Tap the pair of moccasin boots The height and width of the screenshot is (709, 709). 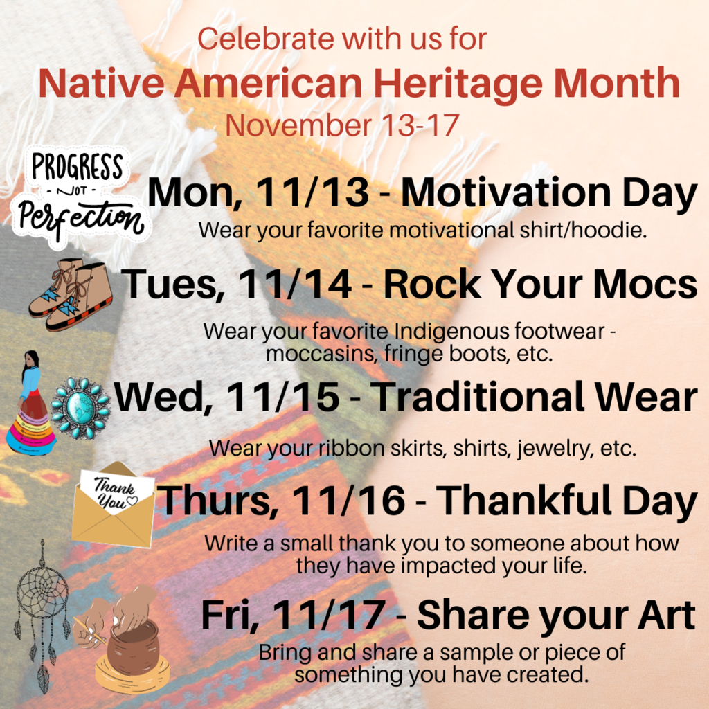71,294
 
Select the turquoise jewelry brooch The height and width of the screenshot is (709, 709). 80,408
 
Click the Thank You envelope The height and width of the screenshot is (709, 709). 112,506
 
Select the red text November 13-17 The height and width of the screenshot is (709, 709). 342,125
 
